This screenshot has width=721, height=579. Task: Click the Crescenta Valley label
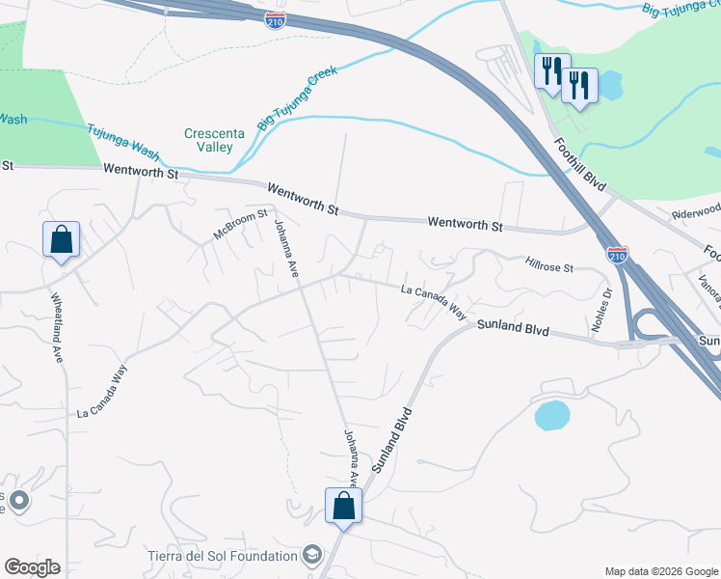[x=209, y=140]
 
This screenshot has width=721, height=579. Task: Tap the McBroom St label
[x=240, y=228]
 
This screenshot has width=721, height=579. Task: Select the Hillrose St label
[x=549, y=262]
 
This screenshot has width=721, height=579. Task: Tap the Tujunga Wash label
[x=122, y=140]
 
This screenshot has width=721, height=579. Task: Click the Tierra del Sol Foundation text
[x=223, y=556]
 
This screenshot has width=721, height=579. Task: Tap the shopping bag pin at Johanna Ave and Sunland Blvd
[x=343, y=506]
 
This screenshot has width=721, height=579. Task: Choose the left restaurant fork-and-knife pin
[x=551, y=70]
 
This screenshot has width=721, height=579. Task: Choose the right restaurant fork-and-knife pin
[x=579, y=85]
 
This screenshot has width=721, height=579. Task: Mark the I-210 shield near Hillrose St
[x=617, y=255]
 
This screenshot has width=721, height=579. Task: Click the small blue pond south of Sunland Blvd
[x=550, y=416]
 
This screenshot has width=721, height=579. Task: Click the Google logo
[x=32, y=567]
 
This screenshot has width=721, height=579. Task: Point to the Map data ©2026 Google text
[x=660, y=571]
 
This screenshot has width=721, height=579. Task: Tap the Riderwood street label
[x=696, y=209]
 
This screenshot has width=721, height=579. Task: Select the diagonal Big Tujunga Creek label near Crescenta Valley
[x=295, y=103]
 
